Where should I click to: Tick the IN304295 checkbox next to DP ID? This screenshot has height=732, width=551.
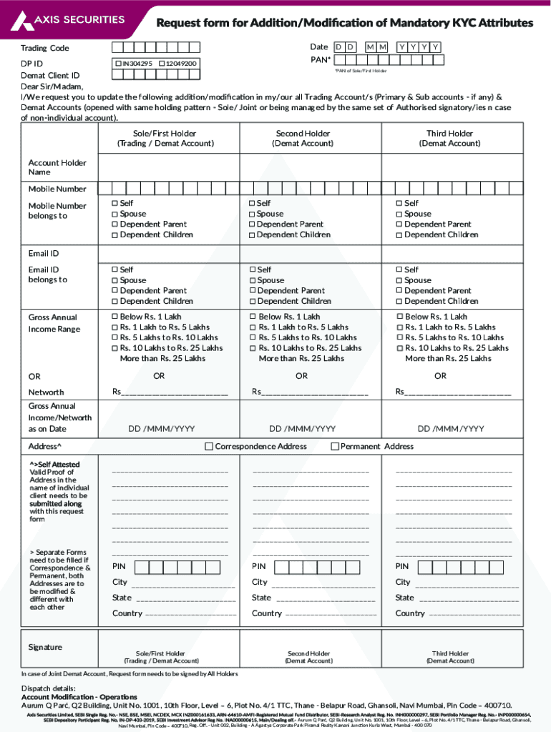[x=119, y=64]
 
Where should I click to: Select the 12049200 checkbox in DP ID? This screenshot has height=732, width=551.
[x=162, y=64]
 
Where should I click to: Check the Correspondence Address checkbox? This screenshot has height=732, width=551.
[x=209, y=447]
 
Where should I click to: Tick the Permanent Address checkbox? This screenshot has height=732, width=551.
[x=334, y=447]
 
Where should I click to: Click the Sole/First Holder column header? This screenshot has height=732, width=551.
[x=165, y=139]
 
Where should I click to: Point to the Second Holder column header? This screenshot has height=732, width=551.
[x=303, y=139]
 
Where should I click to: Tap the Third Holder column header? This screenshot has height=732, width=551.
[x=449, y=139]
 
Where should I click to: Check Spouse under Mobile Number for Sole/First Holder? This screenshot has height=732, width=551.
[x=114, y=214]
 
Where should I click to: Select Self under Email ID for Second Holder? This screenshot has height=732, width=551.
[x=253, y=270]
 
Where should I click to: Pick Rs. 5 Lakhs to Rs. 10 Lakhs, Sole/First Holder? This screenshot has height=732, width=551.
[x=114, y=337]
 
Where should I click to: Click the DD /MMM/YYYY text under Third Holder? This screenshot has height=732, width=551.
[x=451, y=429]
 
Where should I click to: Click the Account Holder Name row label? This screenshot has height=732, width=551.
[x=57, y=167]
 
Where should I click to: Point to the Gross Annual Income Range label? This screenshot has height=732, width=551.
[x=53, y=323]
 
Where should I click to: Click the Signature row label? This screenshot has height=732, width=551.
[x=45, y=647]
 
